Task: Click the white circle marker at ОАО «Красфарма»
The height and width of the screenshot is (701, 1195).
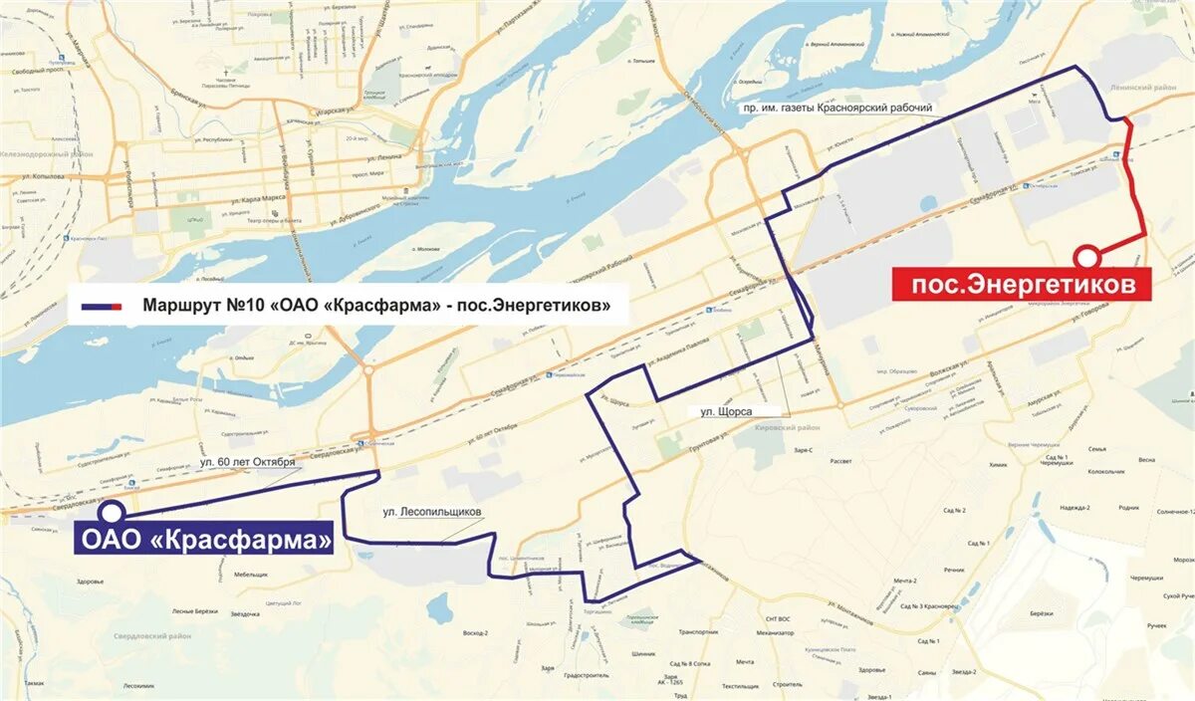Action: [x=114, y=512]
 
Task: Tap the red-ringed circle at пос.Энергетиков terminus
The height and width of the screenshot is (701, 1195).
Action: [x=1088, y=255]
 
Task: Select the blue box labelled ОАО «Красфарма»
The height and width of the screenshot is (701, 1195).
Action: [x=205, y=541]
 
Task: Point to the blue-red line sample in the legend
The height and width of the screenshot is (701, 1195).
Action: [x=103, y=306]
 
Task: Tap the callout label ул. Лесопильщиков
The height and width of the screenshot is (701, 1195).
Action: [x=432, y=512]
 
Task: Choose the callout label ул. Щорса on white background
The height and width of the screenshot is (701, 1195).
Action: [x=726, y=410]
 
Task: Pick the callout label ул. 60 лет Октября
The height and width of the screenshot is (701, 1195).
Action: [x=247, y=462]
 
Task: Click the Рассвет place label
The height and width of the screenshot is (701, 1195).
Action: [x=841, y=461]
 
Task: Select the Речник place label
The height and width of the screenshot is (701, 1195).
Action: [x=954, y=570]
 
